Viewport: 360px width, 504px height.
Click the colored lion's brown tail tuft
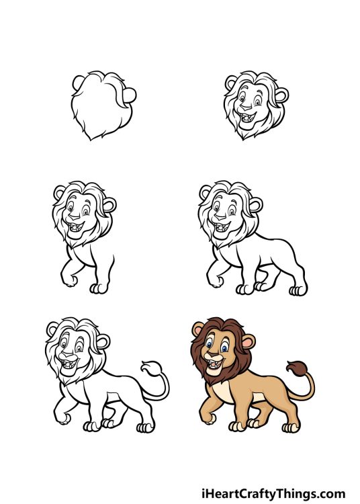[294, 369]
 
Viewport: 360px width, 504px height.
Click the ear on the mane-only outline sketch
[132, 95]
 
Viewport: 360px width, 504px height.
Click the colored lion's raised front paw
[205, 419]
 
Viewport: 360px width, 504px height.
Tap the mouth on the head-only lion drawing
[252, 119]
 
